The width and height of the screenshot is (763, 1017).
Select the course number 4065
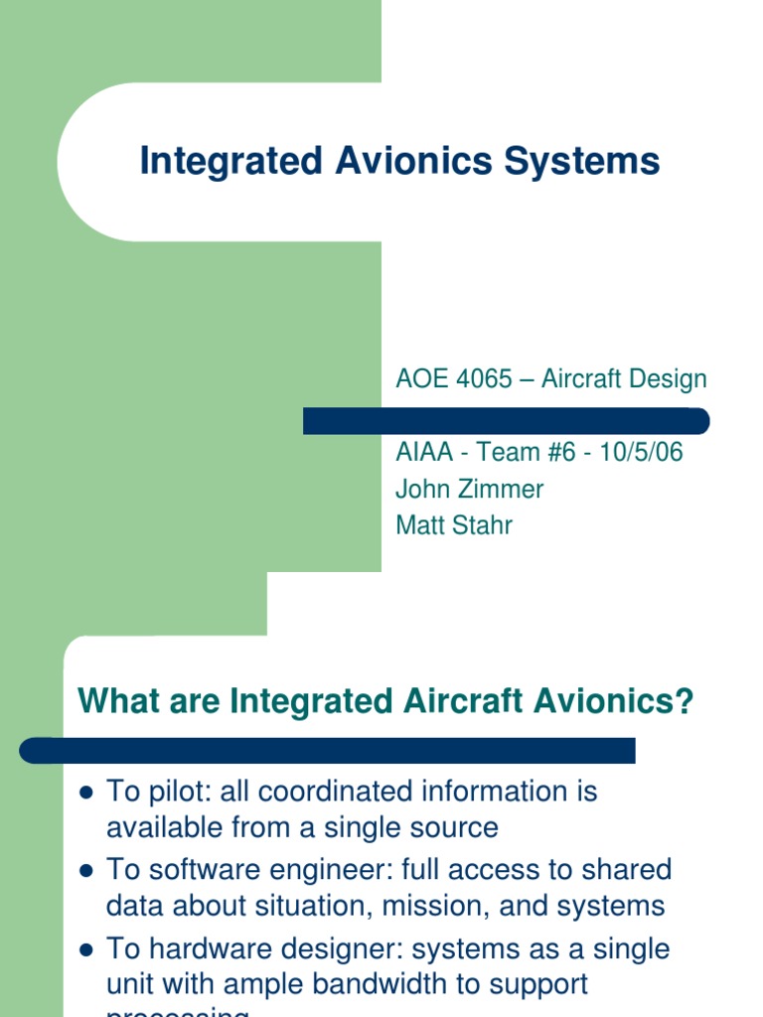481,378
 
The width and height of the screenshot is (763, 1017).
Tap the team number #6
559,453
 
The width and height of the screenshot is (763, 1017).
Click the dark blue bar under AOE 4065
506,421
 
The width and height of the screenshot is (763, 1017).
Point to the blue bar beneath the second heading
328,750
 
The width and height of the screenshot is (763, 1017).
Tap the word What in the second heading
116,701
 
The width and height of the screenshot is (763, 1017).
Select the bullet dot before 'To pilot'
85,794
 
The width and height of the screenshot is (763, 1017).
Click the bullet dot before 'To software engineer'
85,872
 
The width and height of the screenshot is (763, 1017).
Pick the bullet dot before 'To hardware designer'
85,950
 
